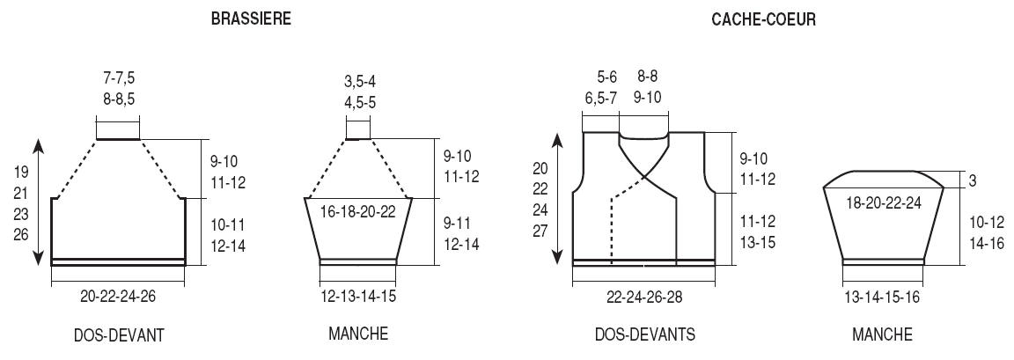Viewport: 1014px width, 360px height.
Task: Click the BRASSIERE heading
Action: (x=251, y=18)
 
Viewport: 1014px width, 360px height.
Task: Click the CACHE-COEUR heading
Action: (x=764, y=19)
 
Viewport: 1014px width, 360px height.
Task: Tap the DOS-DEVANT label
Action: (x=119, y=334)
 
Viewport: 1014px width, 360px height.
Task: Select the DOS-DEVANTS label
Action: (x=645, y=334)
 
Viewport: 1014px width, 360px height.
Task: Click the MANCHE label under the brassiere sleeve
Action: (x=358, y=334)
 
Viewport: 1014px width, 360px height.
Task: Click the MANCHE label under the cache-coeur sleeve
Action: (x=882, y=334)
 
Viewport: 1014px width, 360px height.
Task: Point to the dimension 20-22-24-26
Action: (x=118, y=296)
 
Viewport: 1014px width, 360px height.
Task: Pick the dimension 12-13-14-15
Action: (x=358, y=296)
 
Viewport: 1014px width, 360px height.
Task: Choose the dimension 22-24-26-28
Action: (x=644, y=296)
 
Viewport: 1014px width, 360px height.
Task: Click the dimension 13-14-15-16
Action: (x=882, y=297)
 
